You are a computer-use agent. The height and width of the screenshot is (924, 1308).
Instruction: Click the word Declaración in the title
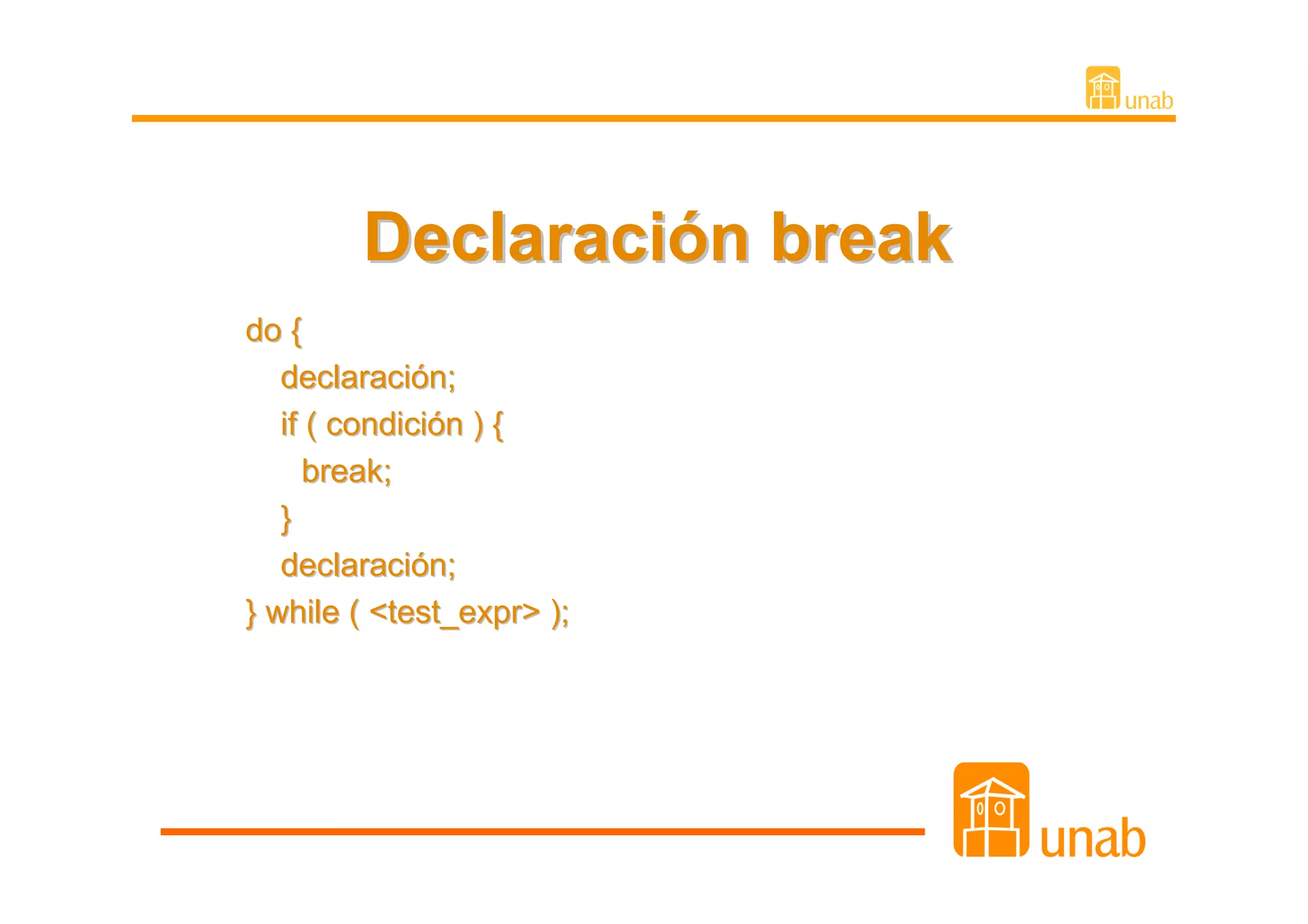click(556, 238)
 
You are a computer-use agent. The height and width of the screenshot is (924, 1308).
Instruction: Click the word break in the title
click(860, 238)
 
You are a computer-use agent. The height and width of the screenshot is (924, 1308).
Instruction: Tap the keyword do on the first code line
click(263, 331)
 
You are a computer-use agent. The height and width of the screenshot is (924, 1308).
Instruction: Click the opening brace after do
click(296, 331)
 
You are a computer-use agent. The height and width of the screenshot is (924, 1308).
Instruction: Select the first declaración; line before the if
click(368, 378)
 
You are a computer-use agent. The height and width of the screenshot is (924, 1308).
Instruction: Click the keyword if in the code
click(289, 425)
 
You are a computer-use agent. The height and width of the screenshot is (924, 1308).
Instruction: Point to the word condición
click(394, 425)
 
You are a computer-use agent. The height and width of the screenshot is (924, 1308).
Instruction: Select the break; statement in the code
click(346, 472)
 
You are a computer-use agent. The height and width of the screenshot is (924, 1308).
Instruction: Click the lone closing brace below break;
click(286, 519)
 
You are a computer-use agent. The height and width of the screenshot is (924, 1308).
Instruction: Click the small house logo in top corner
click(1102, 88)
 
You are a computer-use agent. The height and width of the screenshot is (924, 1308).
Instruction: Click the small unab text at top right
click(1148, 101)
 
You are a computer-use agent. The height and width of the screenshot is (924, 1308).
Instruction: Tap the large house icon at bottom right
click(991, 810)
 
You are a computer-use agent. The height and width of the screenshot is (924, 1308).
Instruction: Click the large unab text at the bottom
click(1092, 839)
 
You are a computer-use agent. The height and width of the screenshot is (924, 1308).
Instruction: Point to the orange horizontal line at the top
click(639, 118)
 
